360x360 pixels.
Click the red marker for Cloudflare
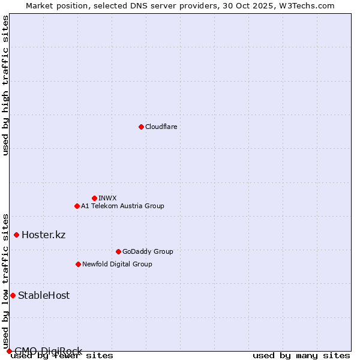pyautogui.click(x=141, y=127)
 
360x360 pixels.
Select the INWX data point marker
pyautogui.click(x=94, y=198)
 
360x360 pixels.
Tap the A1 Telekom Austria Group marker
pyautogui.click(x=77, y=206)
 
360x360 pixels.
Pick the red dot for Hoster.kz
pyautogui.click(x=16, y=235)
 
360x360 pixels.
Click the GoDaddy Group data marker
pyautogui.click(x=118, y=251)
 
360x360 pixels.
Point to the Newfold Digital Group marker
pyautogui.click(x=78, y=264)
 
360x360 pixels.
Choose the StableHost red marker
pyautogui.click(x=13, y=295)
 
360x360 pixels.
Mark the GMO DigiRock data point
pyautogui.click(x=9, y=351)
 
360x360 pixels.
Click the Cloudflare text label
pyautogui.click(x=161, y=127)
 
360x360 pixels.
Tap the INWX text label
pyautogui.click(x=107, y=198)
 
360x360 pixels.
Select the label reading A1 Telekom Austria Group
pyautogui.click(x=122, y=206)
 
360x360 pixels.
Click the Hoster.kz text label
pyautogui.click(x=43, y=235)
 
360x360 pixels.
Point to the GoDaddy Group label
pyautogui.click(x=148, y=251)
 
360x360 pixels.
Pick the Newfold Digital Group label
pyautogui.click(x=117, y=264)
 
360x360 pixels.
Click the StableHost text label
pyautogui.click(x=44, y=295)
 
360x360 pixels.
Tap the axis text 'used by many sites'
pyautogui.click(x=301, y=356)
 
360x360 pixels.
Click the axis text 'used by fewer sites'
pyautogui.click(x=62, y=356)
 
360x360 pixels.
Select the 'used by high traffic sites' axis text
pyautogui.click(x=6, y=85)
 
